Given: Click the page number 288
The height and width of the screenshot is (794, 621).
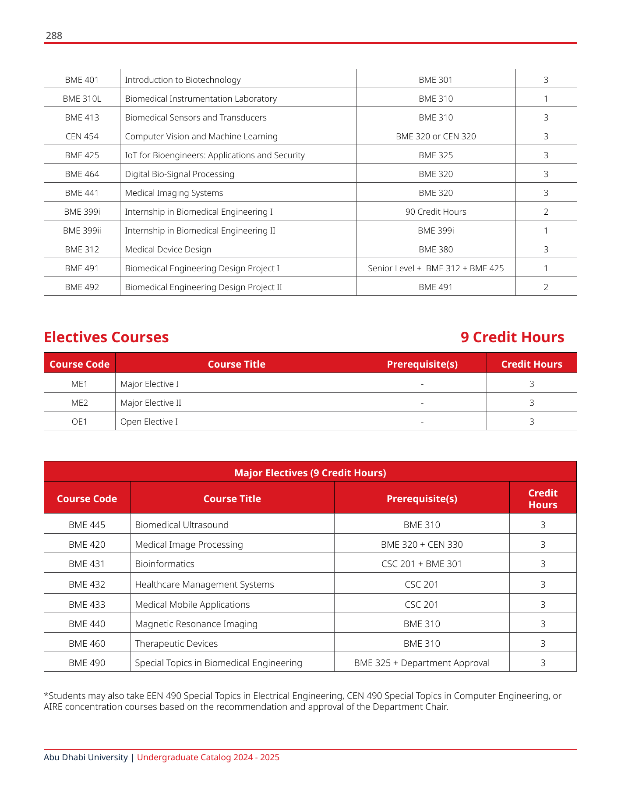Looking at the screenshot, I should tap(54, 36).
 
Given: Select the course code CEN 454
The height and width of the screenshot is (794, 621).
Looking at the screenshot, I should tap(82, 136).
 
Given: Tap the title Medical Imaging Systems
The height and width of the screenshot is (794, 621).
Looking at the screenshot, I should tap(174, 193).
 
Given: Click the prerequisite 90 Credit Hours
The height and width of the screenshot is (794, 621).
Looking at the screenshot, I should tap(436, 212).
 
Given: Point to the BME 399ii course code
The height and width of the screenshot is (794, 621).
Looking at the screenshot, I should tap(82, 230).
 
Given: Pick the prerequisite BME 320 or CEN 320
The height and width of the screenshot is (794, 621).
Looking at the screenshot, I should tap(436, 136).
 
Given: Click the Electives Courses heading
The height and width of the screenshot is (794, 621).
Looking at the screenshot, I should tap(106, 337).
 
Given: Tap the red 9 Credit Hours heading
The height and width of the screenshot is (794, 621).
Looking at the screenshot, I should tap(512, 337).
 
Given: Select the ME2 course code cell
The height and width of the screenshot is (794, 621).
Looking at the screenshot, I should tap(80, 403).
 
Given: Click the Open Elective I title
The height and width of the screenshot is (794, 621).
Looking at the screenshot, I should tap(149, 422).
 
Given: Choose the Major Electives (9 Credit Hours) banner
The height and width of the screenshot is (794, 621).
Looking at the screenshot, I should tap(310, 473).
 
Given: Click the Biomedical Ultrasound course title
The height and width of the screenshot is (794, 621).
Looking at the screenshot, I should tap(182, 525).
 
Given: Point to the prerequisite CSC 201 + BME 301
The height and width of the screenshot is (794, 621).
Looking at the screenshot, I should tap(422, 564).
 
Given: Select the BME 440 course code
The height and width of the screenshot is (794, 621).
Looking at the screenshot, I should tap(87, 624).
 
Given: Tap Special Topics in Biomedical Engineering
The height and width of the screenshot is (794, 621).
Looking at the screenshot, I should tap(219, 663).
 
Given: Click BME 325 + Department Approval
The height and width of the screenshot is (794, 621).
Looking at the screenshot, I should tap(422, 663).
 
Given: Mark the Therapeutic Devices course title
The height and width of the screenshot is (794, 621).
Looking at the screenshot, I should tap(176, 644).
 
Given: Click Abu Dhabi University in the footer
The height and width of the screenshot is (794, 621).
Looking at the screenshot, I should tap(85, 758).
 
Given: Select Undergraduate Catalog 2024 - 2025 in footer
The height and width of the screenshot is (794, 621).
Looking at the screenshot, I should tap(208, 758).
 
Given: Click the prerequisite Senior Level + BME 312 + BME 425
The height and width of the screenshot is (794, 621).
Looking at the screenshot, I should tap(436, 268).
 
